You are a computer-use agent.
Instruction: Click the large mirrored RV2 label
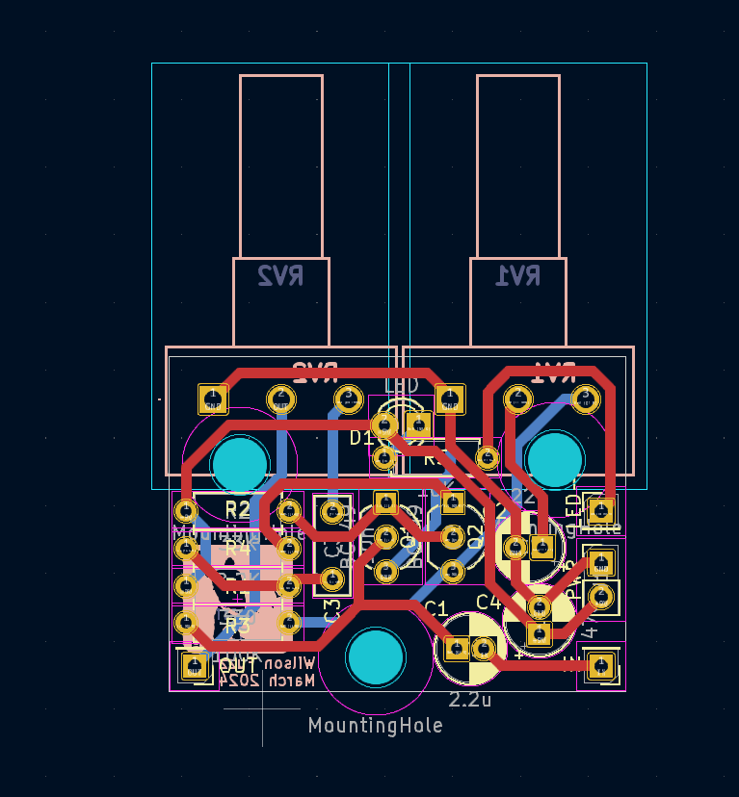[280, 276]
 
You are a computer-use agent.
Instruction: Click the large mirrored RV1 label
[517, 276]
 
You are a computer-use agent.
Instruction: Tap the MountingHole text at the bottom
[376, 725]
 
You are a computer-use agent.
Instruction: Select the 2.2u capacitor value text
[470, 700]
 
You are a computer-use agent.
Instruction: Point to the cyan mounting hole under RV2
[240, 463]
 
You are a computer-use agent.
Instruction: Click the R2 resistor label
[237, 508]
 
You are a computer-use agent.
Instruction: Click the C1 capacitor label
[435, 608]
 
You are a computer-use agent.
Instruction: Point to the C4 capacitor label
[488, 602]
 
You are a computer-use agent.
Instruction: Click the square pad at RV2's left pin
[212, 398]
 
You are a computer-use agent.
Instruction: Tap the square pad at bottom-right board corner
[601, 664]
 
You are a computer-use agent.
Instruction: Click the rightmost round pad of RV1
[585, 398]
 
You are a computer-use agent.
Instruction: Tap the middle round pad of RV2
[280, 398]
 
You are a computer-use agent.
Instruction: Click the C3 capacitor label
[332, 608]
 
